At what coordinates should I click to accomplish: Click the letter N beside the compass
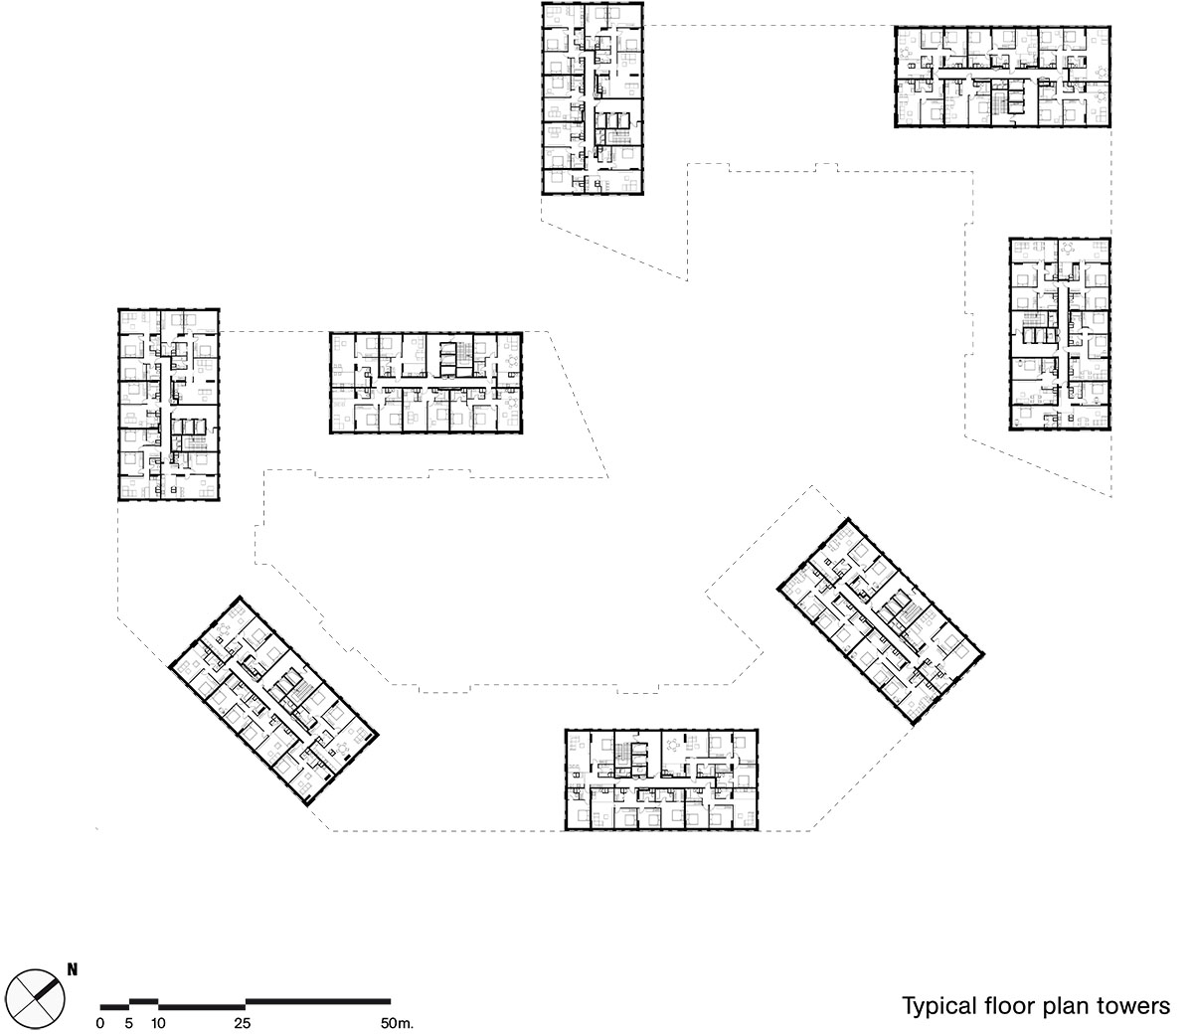pos(73,969)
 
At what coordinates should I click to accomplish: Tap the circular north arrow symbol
pos(39,997)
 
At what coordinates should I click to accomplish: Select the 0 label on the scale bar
pos(100,1024)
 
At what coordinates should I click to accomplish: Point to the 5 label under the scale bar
pos(128,1024)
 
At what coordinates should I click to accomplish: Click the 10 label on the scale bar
pos(157,1024)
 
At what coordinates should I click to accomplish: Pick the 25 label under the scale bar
pos(243,1024)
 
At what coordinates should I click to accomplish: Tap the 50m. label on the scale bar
pos(397,1024)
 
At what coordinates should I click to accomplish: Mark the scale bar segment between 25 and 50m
pos(318,1001)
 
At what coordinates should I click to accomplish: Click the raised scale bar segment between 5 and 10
pos(144,1001)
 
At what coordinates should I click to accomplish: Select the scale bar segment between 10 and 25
pos(202,1006)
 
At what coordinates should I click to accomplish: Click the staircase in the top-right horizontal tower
pos(998,104)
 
